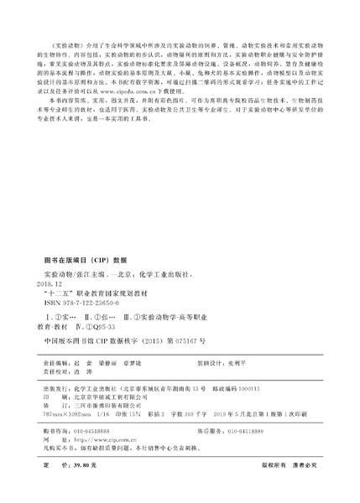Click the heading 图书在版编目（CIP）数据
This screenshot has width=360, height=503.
pos(84,261)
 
